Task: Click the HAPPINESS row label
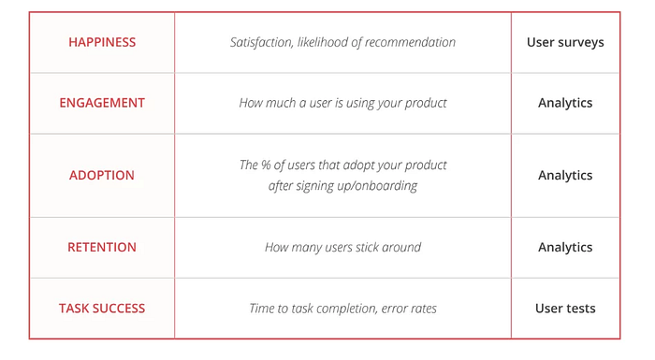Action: click(102, 42)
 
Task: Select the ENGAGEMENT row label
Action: click(102, 103)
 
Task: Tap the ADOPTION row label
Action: click(102, 175)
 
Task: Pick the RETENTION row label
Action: click(102, 247)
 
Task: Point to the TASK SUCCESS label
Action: click(102, 309)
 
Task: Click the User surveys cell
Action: click(565, 43)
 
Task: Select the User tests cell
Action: click(565, 309)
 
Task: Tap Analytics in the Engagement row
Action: click(565, 103)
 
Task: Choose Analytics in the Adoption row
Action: click(565, 176)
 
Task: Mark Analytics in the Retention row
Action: click(565, 248)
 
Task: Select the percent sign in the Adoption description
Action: click(266, 165)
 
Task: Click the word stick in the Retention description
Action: click(367, 247)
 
